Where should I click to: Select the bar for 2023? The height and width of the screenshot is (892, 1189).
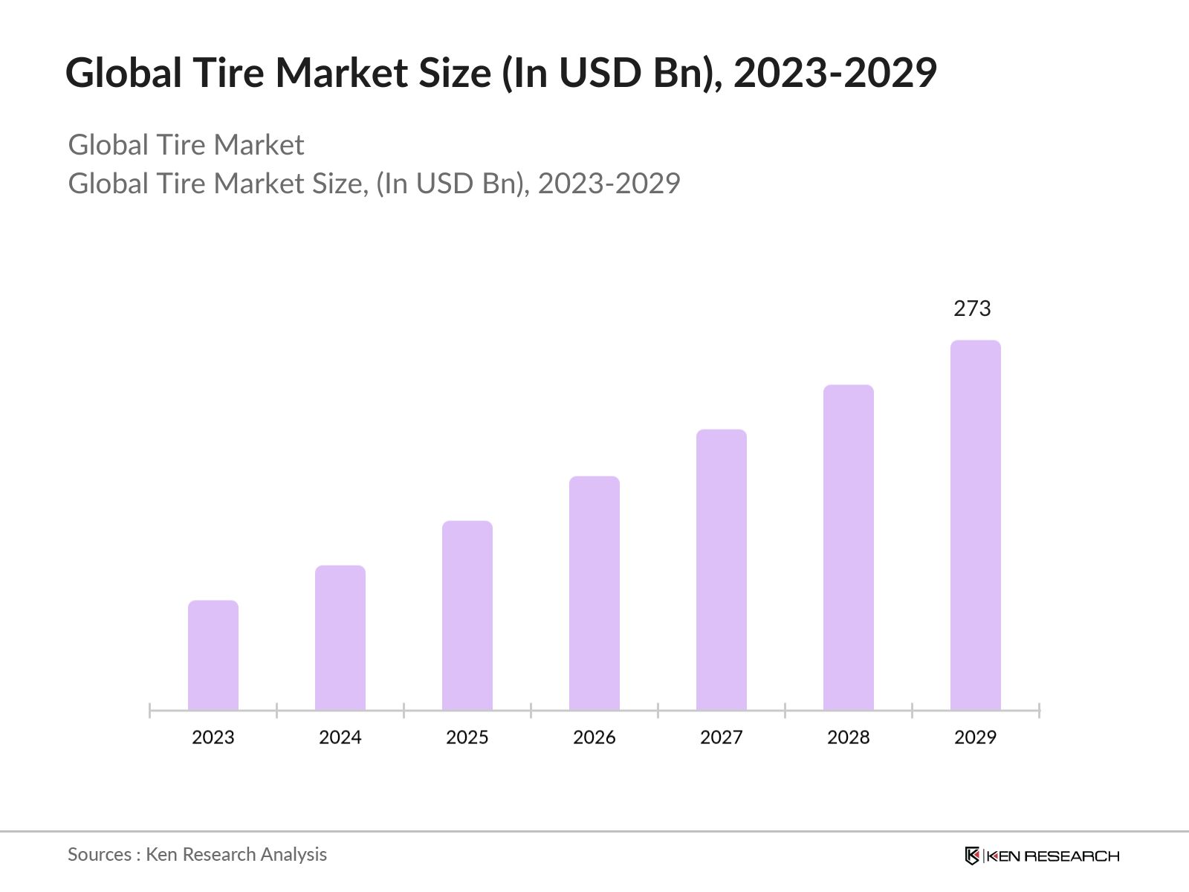pos(213,655)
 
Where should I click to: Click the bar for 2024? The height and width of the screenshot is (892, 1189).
pos(340,638)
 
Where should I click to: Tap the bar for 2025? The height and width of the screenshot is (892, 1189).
pos(467,615)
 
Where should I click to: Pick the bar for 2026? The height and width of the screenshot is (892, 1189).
pos(594,593)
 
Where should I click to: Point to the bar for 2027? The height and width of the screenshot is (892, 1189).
pos(722,569)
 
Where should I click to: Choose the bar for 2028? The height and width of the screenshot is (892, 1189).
pos(849,547)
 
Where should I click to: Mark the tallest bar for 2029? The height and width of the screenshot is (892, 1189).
pos(976,525)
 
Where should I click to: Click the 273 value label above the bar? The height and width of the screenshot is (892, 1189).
pos(972,308)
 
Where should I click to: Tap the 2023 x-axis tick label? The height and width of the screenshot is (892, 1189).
pos(213,737)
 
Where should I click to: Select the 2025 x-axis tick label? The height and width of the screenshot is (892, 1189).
pos(467,737)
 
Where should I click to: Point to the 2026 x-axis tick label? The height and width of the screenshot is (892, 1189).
pos(594,737)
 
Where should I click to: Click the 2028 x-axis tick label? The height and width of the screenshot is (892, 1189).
pos(849,737)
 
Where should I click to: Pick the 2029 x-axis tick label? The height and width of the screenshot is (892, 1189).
pos(976,737)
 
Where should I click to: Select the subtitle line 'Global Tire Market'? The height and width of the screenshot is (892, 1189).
pos(186,145)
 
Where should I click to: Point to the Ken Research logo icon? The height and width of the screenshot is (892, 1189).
pos(973,856)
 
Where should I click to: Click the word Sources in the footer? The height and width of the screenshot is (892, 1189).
pos(100,855)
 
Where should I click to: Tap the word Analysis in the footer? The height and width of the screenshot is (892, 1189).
pos(294,855)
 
